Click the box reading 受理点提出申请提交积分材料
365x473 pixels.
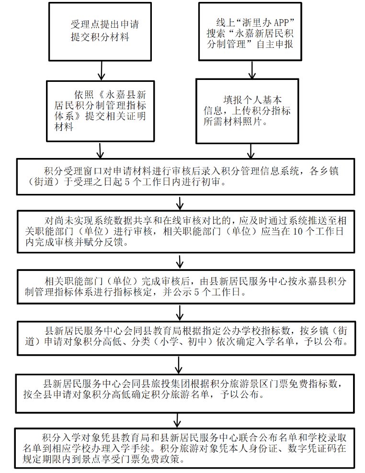pos(101,31)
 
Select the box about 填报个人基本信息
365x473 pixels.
pos(250,111)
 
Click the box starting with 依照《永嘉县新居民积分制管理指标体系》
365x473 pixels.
pos(101,111)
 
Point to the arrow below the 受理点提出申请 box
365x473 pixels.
pos(101,70)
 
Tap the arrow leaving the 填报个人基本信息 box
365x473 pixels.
pos(250,151)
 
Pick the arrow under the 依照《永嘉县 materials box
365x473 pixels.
pos(101,151)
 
